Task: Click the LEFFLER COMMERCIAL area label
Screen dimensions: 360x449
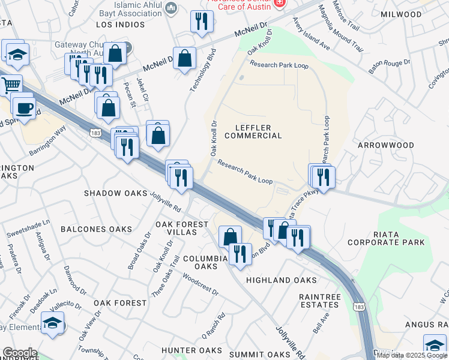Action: pos(253,131)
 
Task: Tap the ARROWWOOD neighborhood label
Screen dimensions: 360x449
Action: pos(386,145)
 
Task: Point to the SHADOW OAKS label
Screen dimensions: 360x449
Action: pos(115,193)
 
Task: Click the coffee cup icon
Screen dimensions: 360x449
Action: pos(23,107)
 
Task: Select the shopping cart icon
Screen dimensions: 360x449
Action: pos(10,86)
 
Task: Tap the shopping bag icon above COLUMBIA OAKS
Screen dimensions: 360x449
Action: pos(230,237)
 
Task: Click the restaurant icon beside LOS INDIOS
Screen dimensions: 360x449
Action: pos(202,22)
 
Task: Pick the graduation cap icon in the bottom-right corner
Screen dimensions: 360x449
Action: pos(435,345)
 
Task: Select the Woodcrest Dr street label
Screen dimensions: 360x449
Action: pos(200,285)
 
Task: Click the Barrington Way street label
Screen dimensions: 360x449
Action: pos(47,142)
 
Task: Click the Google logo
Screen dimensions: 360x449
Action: pos(20,353)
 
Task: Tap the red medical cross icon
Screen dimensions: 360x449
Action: pos(278,4)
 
